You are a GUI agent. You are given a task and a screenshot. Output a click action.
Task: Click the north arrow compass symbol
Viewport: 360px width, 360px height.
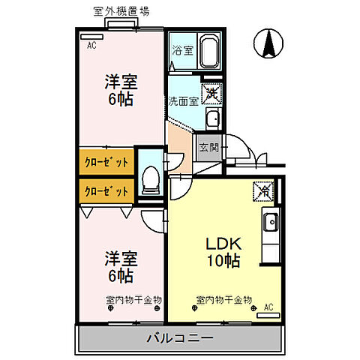[x=265, y=43]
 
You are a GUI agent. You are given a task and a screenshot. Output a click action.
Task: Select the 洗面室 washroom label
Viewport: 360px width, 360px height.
[x=183, y=100]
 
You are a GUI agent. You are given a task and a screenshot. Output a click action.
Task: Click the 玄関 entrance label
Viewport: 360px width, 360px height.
[x=208, y=147]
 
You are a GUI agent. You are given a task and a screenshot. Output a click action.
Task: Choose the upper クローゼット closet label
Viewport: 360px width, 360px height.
[x=106, y=162]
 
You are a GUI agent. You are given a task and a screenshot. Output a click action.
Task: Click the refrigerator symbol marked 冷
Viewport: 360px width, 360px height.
[x=264, y=190]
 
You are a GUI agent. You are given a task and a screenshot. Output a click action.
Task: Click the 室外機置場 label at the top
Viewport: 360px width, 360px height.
[x=121, y=11]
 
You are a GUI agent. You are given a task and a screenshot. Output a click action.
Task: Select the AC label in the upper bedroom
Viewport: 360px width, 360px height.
[x=91, y=46]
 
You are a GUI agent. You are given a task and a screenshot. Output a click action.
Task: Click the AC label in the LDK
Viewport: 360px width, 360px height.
[x=268, y=306]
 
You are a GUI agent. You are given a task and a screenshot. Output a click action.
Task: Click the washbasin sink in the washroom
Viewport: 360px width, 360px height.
[x=212, y=118]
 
